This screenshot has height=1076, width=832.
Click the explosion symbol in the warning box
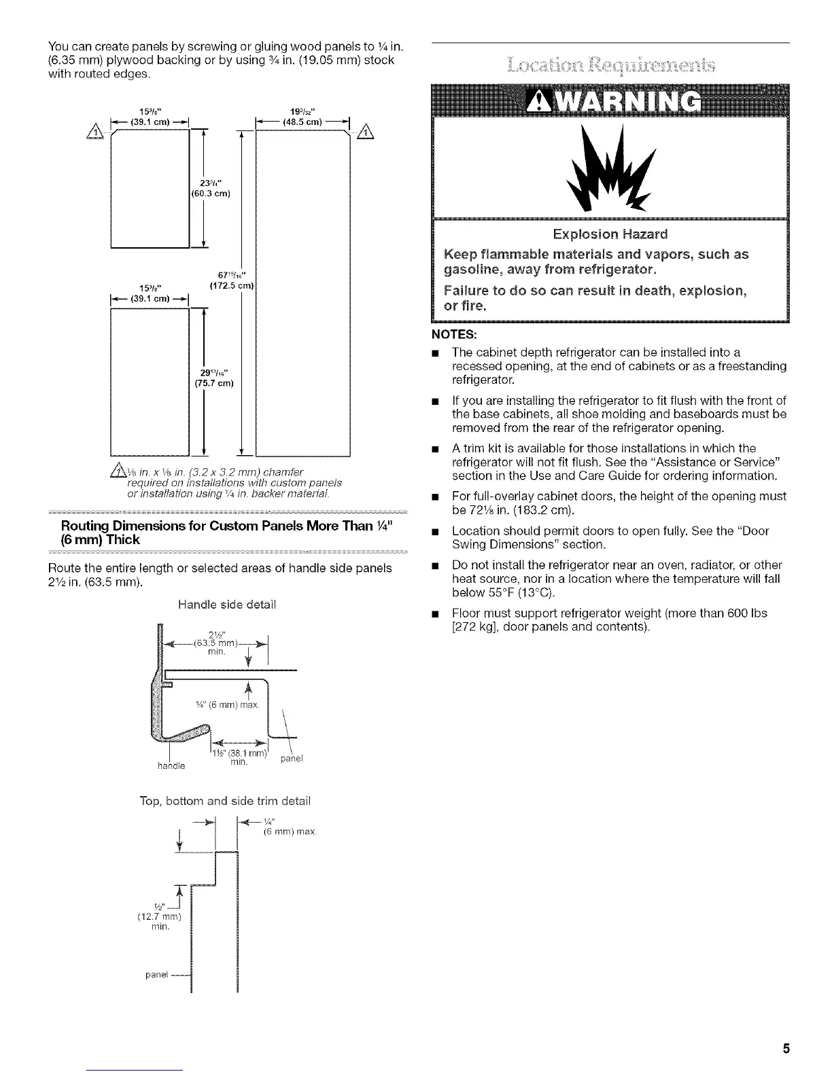(612, 166)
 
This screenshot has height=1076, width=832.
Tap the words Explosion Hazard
(610, 235)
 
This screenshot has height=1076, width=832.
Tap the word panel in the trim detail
(158, 974)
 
